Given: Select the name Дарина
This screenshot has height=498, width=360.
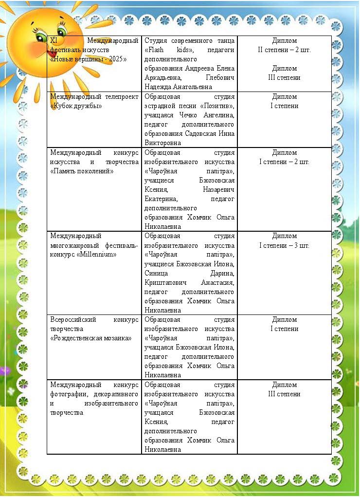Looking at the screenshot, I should (221, 273).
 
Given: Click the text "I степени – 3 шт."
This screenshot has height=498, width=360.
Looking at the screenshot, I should (284, 245).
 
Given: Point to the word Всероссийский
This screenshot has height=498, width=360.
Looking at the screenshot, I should (72, 320).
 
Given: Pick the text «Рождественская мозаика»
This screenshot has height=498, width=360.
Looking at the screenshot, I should (91, 338).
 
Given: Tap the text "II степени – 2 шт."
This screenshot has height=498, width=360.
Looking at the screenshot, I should (284, 50).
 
